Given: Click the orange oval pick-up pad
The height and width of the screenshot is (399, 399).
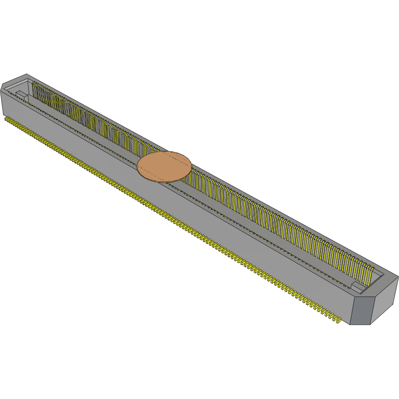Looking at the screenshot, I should click(164, 166).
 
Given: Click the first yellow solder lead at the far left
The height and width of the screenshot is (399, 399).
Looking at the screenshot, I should click(6, 119).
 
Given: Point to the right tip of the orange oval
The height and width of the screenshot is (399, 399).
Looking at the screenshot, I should click(192, 165).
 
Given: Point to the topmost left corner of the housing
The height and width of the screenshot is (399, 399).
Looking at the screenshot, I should click(26, 74).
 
